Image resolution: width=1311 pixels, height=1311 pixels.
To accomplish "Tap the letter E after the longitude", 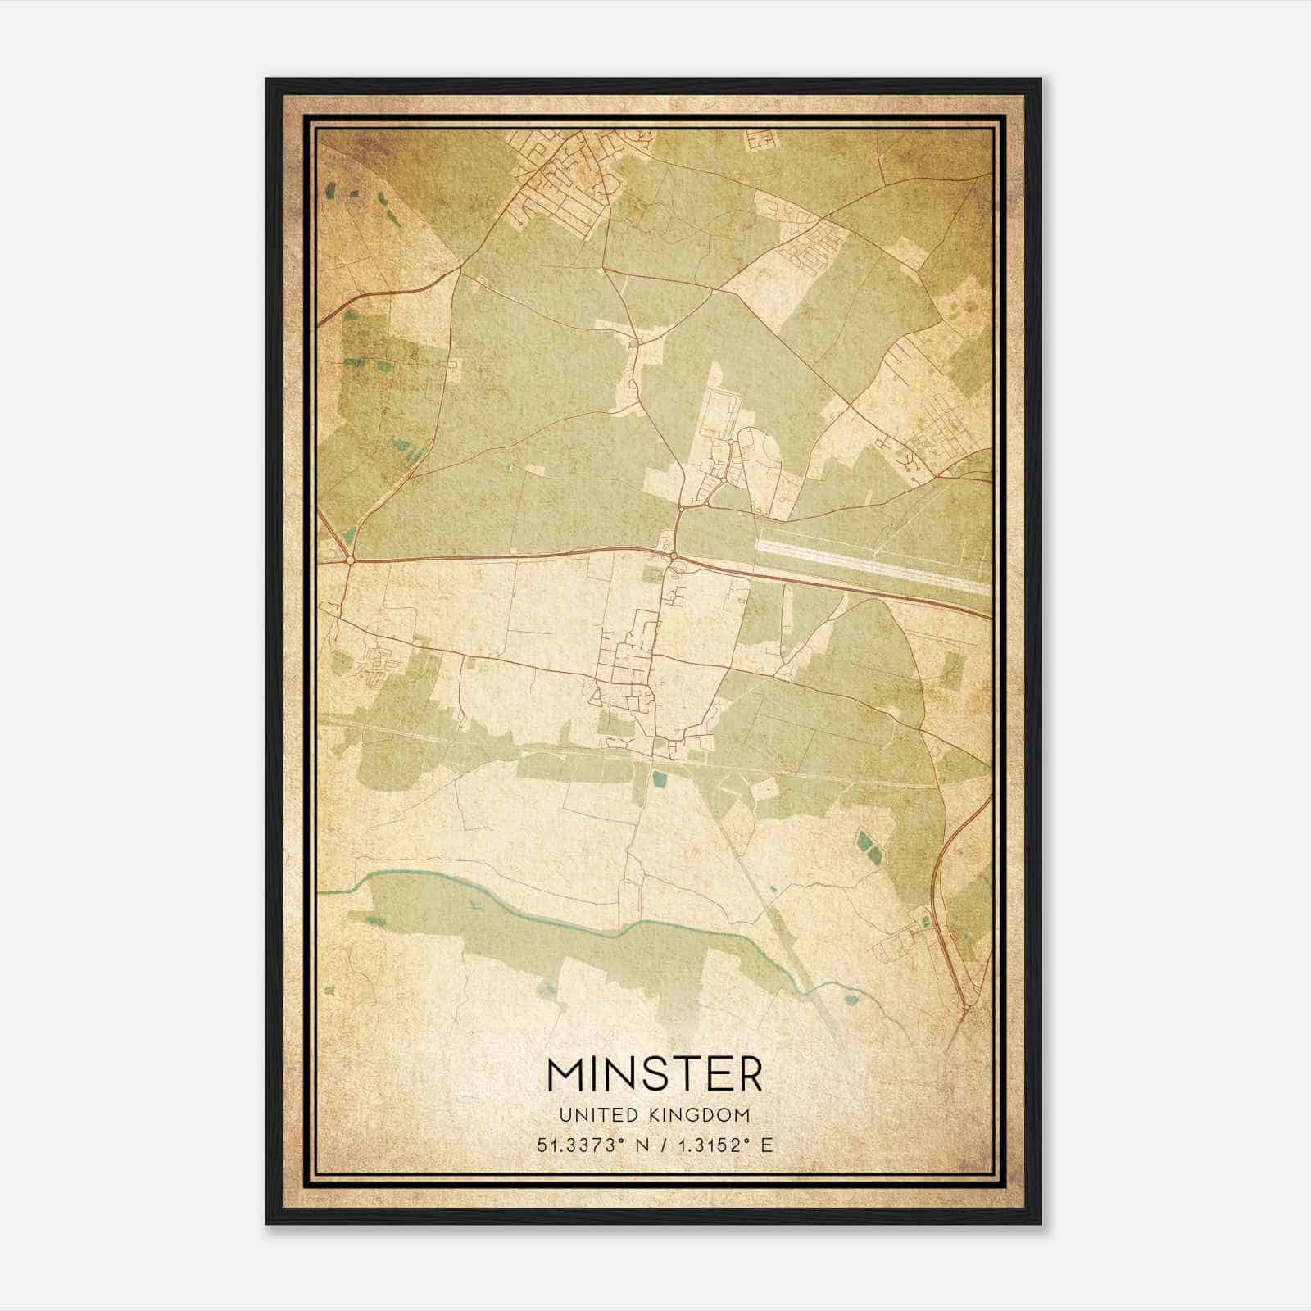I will pos(766,1145).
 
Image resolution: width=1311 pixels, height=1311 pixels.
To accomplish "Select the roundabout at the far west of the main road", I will pos(351,560).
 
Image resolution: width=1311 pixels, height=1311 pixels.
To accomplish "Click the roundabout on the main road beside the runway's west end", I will pos(674,557).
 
